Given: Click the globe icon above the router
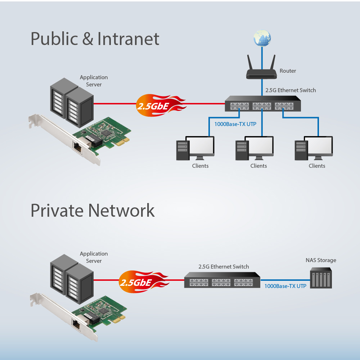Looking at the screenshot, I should click(262, 39).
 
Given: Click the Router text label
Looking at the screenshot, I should click(288, 71).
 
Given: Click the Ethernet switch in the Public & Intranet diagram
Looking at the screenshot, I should click(261, 104).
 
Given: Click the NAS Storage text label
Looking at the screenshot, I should click(321, 260).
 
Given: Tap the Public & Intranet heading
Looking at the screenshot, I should click(95, 39).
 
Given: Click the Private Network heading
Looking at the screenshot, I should click(93, 210).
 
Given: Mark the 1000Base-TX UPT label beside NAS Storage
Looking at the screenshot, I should click(285, 286).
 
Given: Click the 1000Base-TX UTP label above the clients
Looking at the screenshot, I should click(235, 124).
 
